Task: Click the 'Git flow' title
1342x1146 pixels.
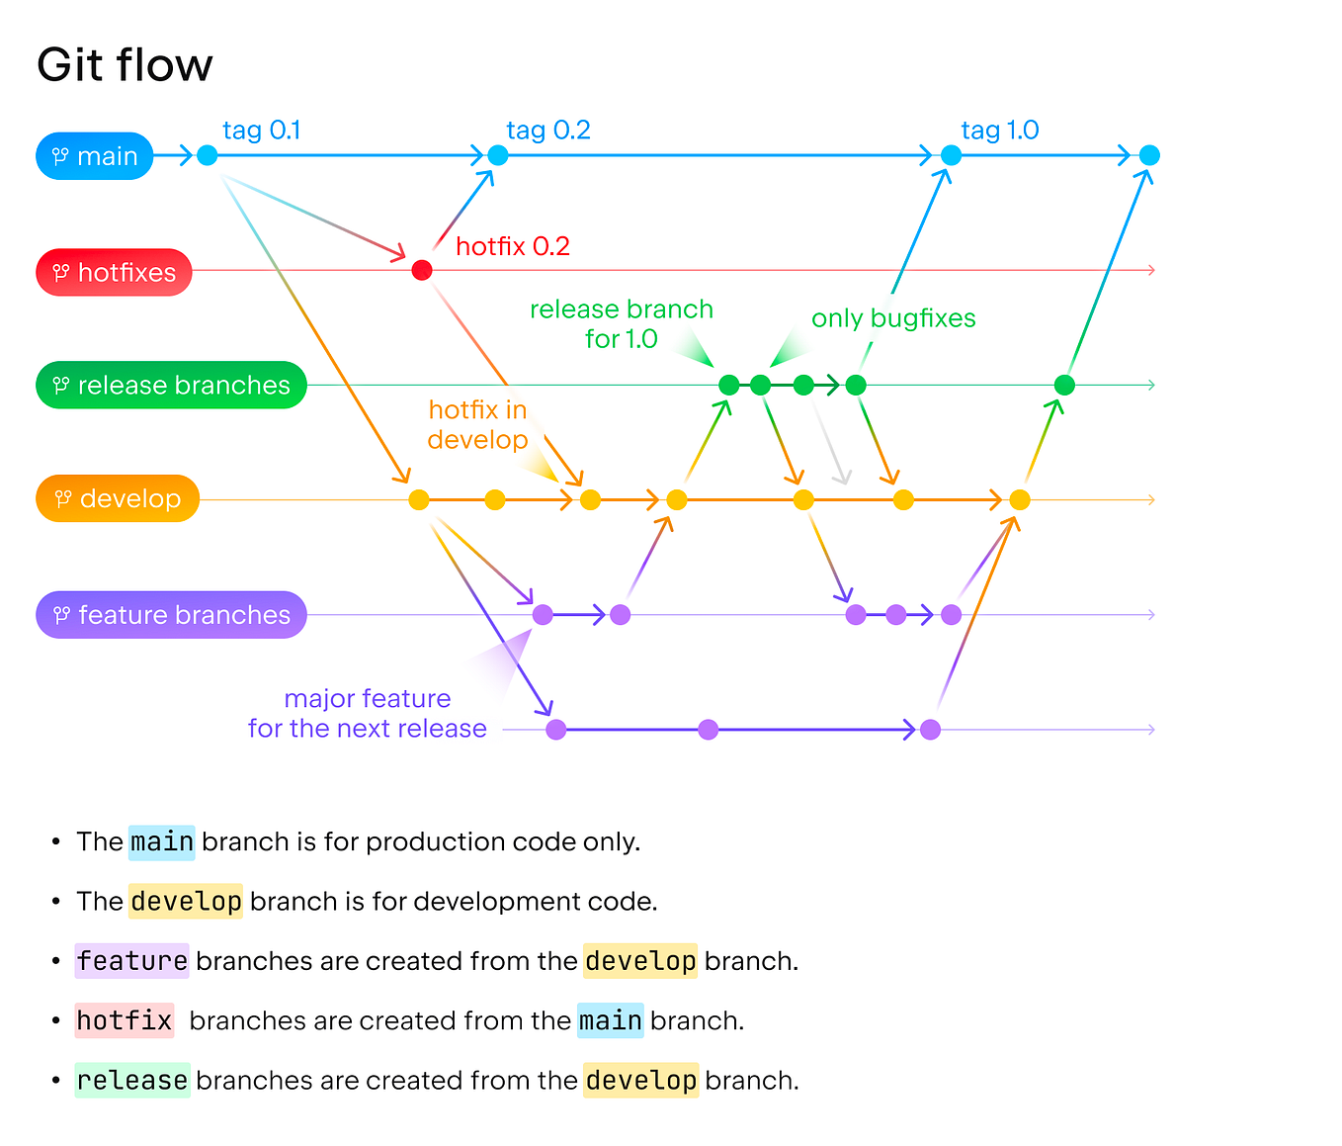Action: tap(125, 65)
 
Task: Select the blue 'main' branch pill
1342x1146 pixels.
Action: tap(95, 156)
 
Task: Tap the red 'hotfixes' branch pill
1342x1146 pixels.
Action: tap(114, 272)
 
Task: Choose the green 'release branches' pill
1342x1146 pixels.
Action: tap(171, 385)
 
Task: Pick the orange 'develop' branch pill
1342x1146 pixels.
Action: tap(118, 498)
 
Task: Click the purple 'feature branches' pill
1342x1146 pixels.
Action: tap(171, 614)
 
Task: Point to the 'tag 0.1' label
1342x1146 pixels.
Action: tap(261, 131)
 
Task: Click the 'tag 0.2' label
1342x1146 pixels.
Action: tap(547, 131)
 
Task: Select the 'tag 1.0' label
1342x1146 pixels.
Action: tap(999, 131)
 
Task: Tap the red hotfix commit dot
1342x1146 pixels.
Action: tap(422, 270)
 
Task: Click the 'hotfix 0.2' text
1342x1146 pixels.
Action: tap(512, 246)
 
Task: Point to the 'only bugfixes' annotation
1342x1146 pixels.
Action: tap(893, 318)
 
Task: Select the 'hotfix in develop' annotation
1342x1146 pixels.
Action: tap(477, 424)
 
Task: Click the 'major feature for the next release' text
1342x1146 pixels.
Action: tap(368, 714)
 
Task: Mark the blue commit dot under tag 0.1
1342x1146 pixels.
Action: tap(207, 155)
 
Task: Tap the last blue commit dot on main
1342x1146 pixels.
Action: tap(1149, 155)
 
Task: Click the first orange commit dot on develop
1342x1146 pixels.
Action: tap(419, 499)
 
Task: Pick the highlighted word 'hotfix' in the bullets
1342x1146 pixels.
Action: tap(125, 1019)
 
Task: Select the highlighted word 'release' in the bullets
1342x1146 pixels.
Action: tap(132, 1080)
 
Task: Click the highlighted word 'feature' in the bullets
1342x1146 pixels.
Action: tap(131, 960)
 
